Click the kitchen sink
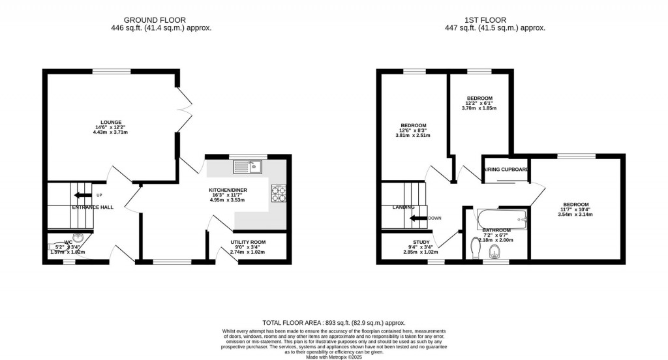(248, 166)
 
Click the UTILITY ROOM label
(248, 242)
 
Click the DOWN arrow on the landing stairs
(417, 218)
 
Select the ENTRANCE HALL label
(92, 207)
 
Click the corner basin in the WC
(78, 239)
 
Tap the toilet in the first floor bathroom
(475, 247)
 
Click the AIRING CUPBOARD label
(506, 170)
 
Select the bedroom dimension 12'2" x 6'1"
(479, 103)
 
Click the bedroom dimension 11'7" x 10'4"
(576, 209)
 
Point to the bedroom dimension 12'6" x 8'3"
(414, 130)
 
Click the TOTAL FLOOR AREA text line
(333, 323)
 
